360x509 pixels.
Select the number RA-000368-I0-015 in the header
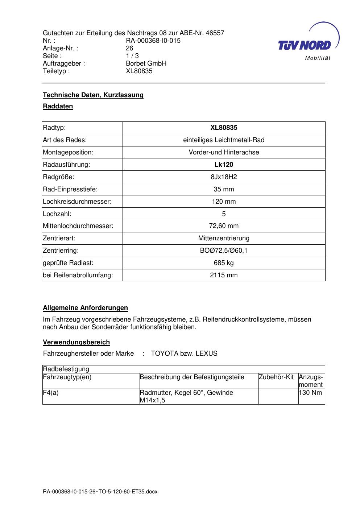[x=153, y=41]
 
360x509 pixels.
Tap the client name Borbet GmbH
[x=146, y=63]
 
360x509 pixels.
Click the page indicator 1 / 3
[x=132, y=56]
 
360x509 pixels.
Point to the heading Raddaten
[x=58, y=106]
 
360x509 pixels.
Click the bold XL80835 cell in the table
[x=224, y=128]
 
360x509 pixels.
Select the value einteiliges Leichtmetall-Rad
[x=224, y=140]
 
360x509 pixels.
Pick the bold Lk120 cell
[x=224, y=165]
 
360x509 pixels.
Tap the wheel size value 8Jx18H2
[x=224, y=177]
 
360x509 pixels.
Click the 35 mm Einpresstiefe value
[x=224, y=189]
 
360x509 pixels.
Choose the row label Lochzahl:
[x=57, y=214]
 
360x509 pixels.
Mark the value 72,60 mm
[x=224, y=226]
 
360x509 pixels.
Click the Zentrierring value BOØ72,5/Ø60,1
[x=224, y=251]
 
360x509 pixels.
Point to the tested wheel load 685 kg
[x=224, y=263]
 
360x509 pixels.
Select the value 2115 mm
[x=224, y=275]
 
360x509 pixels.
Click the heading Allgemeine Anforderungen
[x=85, y=308]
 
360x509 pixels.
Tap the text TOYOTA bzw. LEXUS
[x=184, y=353]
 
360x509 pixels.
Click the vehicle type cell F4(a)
[x=51, y=393]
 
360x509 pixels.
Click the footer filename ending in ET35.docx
[x=100, y=492]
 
